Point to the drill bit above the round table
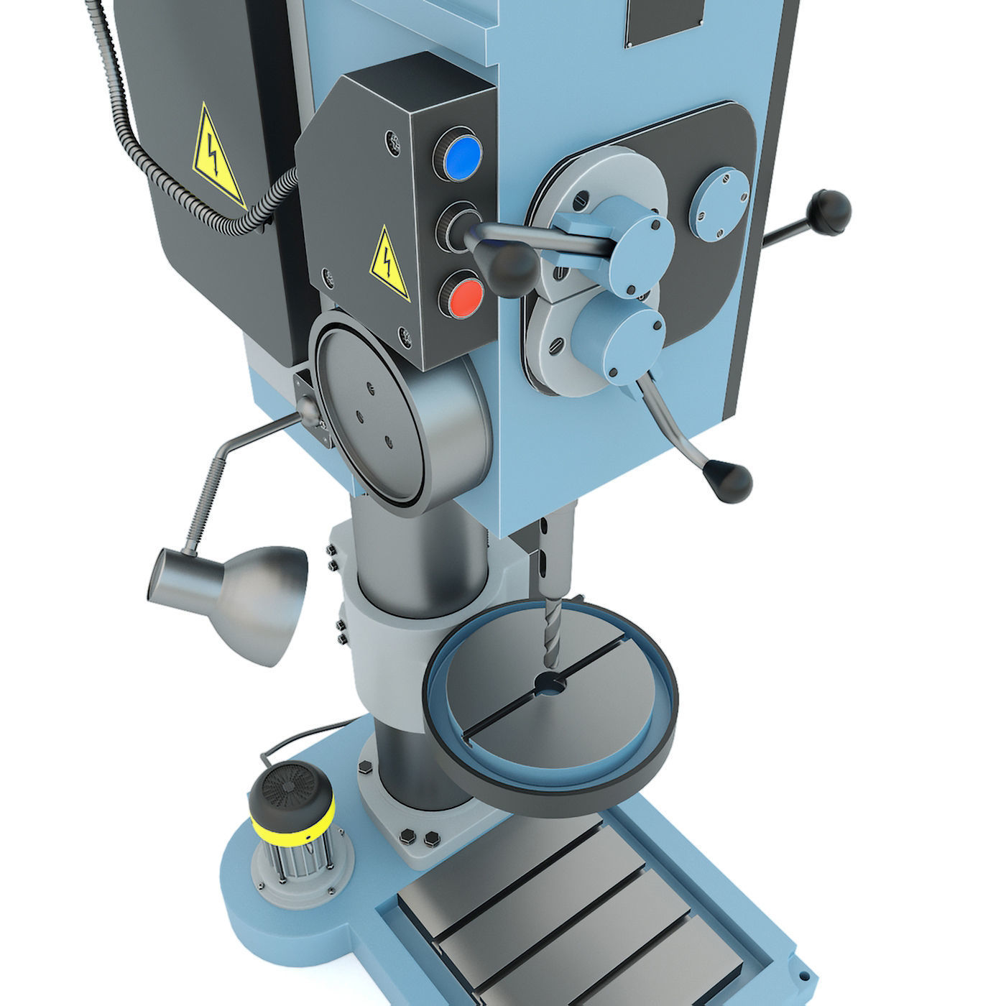point(550,632)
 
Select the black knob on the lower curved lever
point(728,480)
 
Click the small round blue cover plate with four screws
point(720,203)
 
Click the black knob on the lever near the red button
point(512,267)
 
